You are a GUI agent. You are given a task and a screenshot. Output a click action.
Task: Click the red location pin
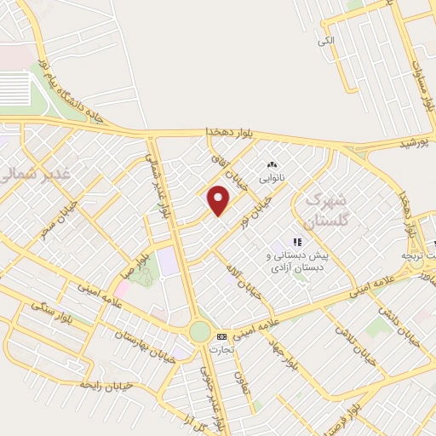(x=220, y=200)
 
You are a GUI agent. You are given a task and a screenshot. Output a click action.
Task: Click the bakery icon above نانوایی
(x=271, y=165)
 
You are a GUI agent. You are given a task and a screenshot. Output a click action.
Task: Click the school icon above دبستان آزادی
(x=297, y=241)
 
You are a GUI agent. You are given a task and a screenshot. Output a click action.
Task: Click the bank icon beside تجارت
(x=222, y=336)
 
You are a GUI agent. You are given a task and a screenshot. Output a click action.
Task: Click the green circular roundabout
(x=199, y=331)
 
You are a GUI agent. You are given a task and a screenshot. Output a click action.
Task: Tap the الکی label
(x=326, y=40)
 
